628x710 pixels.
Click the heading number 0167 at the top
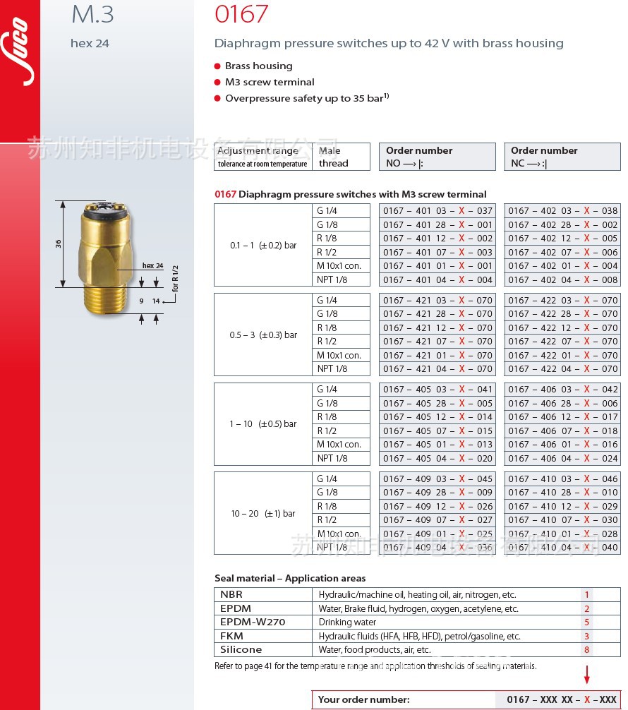(x=241, y=14)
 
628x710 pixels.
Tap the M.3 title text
(x=92, y=15)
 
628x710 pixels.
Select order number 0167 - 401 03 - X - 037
(x=437, y=210)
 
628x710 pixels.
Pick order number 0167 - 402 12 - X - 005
(x=562, y=239)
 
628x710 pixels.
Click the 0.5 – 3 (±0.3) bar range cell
(x=263, y=335)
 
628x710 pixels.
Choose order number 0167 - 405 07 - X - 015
(x=437, y=431)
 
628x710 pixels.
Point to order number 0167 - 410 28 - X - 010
(x=562, y=493)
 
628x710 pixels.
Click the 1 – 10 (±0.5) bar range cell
(x=263, y=424)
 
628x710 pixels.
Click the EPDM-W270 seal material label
(x=253, y=622)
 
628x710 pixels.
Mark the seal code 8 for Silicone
(x=586, y=650)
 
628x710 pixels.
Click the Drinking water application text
(x=347, y=622)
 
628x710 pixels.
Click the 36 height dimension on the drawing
(x=59, y=243)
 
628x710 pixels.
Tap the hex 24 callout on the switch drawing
(x=152, y=265)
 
